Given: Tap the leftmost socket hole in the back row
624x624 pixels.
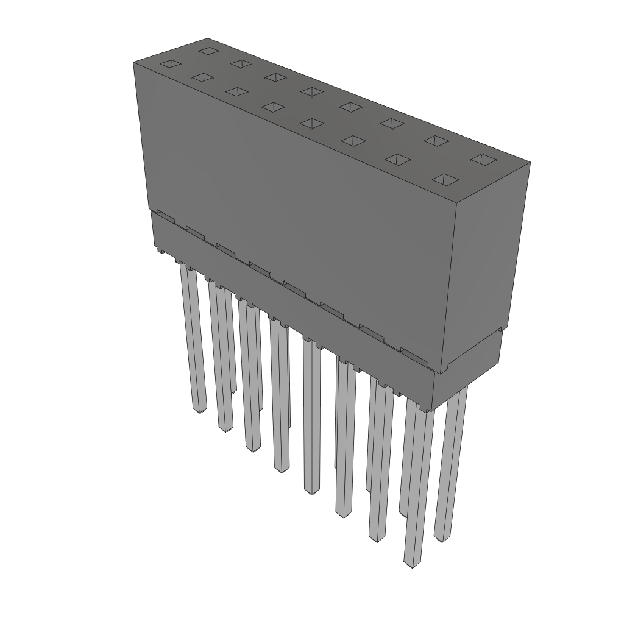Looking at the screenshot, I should point(209,50).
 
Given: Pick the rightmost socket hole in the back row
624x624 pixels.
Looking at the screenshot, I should point(484,159).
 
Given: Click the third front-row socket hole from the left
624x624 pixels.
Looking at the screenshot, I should point(236,91).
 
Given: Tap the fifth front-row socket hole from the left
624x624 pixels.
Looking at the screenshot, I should point(311,123).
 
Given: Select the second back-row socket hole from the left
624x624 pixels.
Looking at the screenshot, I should point(241,63).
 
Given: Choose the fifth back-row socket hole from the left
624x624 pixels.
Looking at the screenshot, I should point(351,107).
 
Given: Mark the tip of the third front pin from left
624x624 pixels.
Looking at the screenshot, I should point(253,449).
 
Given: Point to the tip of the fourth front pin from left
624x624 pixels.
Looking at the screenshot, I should point(282,469).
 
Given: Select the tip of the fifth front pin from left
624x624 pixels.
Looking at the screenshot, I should point(311,491).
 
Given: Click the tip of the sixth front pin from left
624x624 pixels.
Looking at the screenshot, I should point(344,514).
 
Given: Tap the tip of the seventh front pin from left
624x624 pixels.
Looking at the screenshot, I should point(377,539).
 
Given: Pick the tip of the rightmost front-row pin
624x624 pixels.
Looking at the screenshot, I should point(413,564).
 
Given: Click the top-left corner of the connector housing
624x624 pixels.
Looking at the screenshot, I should point(134,62).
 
